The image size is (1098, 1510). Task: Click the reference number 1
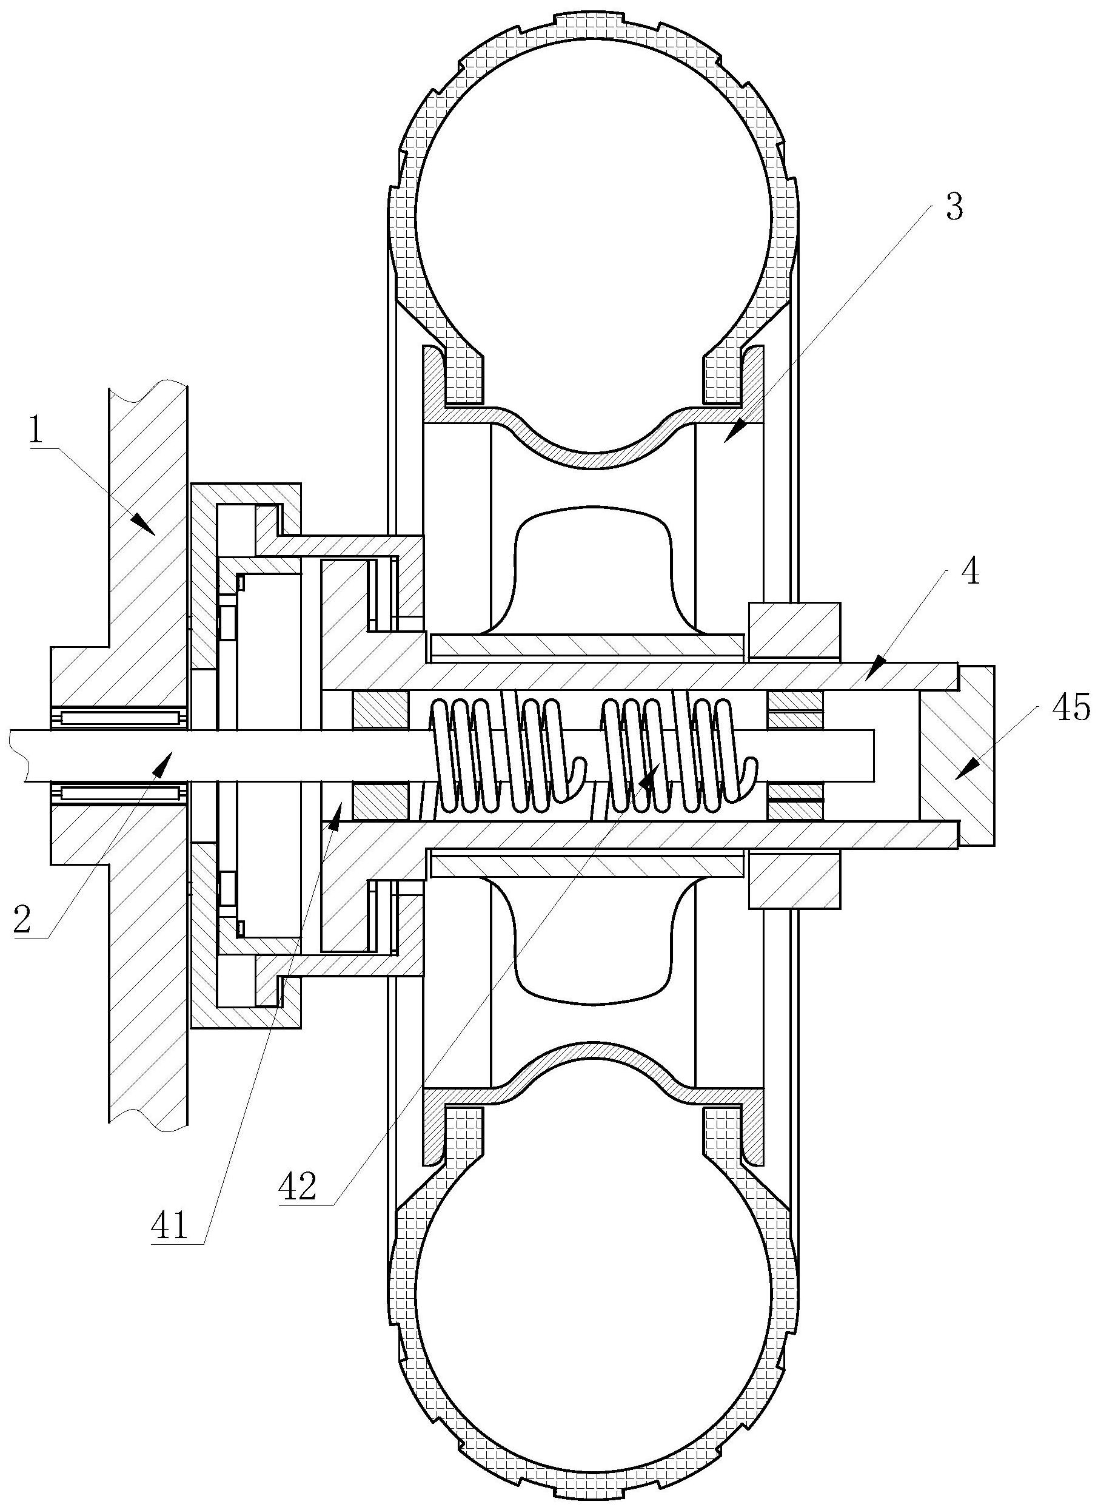coord(36,431)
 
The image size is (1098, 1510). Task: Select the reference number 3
coord(954,208)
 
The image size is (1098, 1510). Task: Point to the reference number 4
coord(971,571)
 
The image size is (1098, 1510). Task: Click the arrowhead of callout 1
coord(144,524)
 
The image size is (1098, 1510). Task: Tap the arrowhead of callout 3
coord(735,431)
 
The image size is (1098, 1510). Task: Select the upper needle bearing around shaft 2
coord(121,717)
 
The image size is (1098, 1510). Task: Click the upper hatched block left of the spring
coord(380,710)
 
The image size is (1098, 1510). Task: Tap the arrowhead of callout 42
coord(648,778)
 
